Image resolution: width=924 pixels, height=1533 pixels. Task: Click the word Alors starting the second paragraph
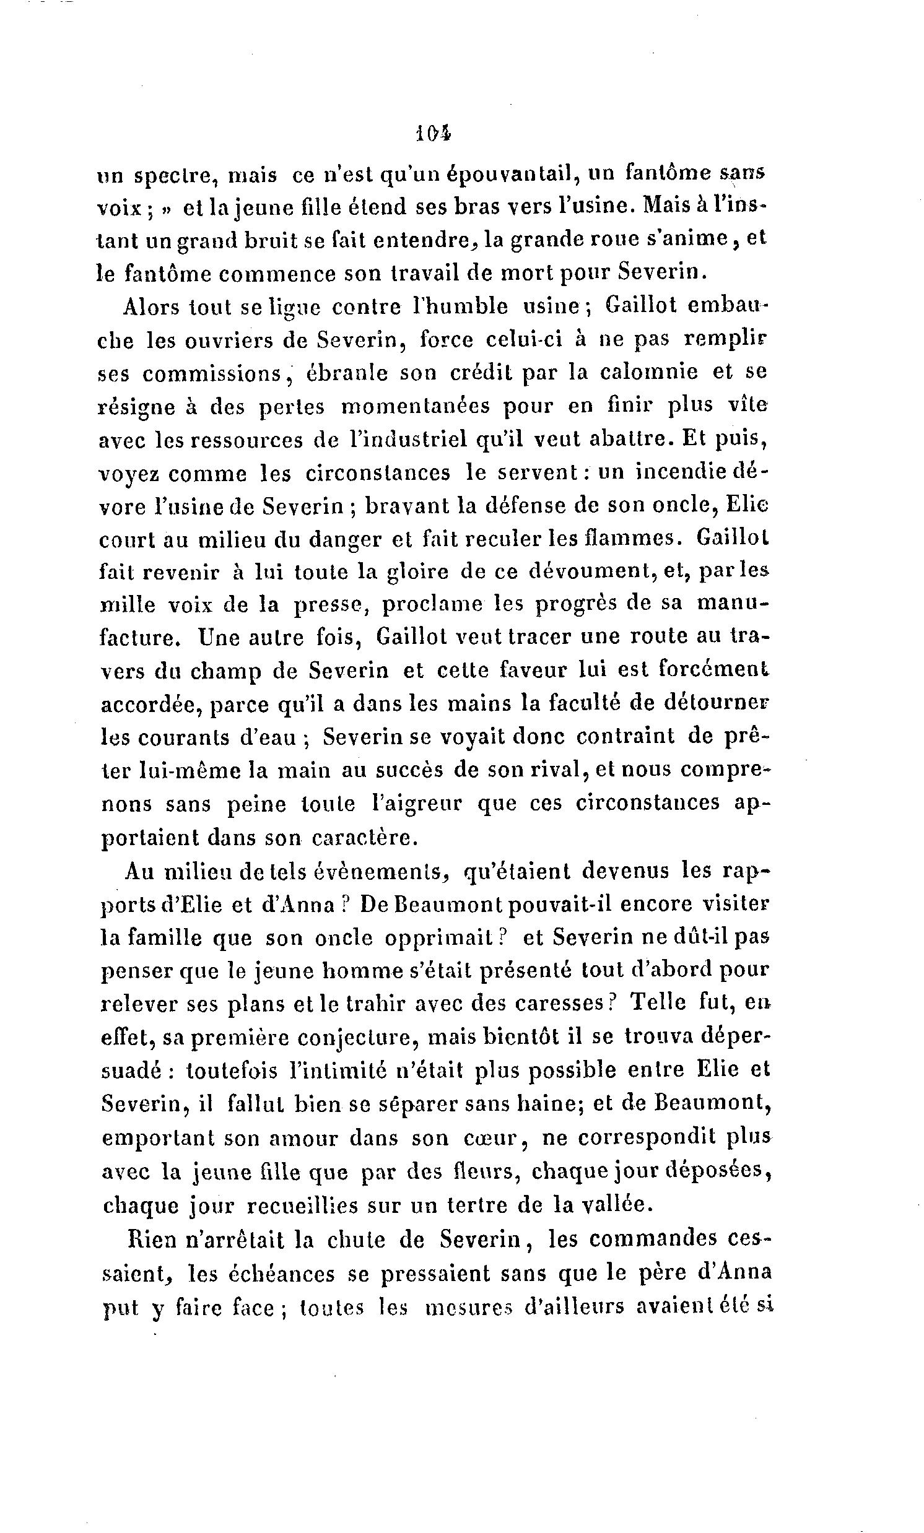[x=150, y=306]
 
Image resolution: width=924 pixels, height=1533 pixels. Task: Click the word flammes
[x=632, y=537]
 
